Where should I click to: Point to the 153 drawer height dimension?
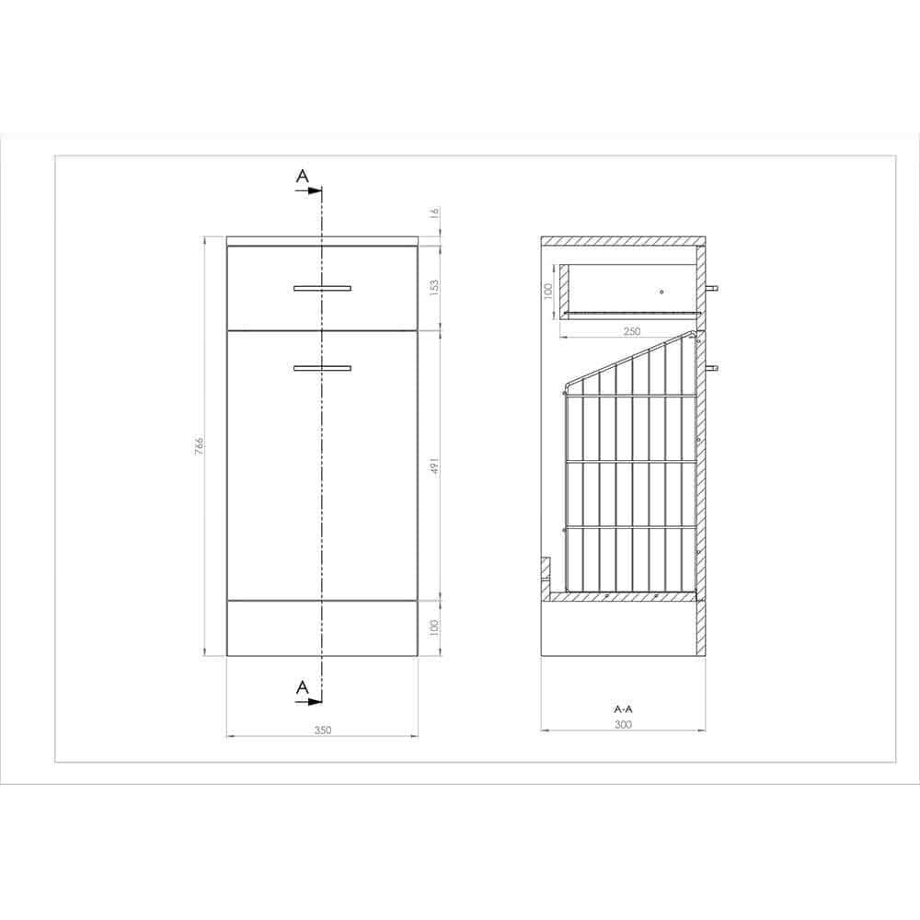(435, 286)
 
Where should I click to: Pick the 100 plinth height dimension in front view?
(435, 627)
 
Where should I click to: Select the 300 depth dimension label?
(623, 725)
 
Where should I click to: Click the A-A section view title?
(623, 709)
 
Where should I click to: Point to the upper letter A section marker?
(301, 175)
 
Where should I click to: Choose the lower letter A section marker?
(301, 686)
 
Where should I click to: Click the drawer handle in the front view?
(322, 289)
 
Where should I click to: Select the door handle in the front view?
(322, 368)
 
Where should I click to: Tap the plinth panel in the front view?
(322, 627)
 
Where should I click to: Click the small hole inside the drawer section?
(661, 292)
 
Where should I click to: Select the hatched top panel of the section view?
(623, 242)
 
